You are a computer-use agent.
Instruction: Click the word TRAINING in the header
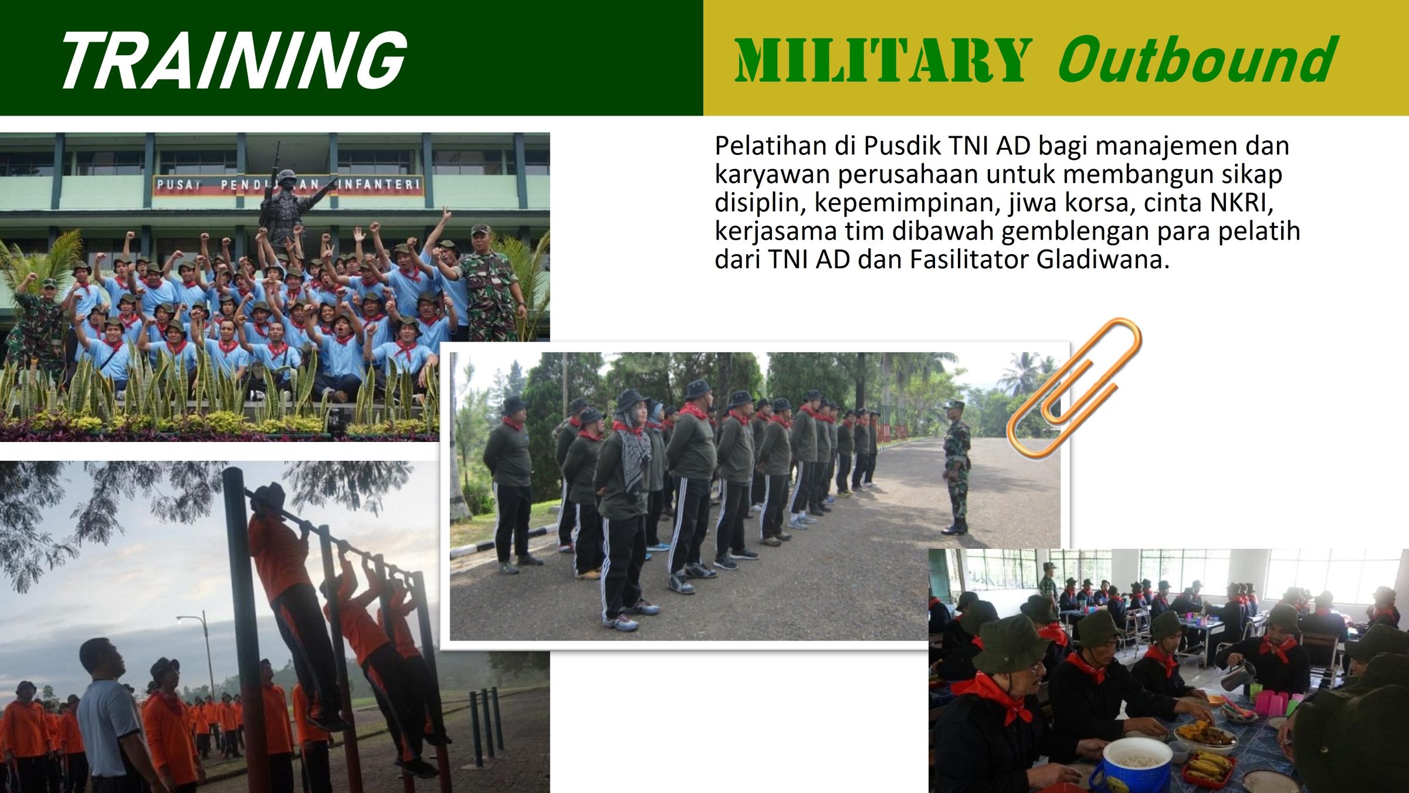233,59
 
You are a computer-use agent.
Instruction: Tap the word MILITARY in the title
883,60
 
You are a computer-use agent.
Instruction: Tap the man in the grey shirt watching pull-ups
109,716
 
